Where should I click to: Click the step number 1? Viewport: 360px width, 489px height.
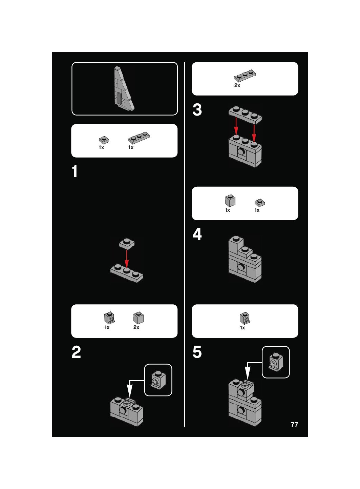point(75,171)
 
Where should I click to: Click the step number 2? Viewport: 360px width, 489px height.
point(76,352)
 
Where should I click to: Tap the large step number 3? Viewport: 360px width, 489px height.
point(197,110)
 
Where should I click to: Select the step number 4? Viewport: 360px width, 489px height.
point(197,234)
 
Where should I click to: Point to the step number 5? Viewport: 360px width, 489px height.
point(197,352)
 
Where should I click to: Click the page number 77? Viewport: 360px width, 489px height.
point(294,425)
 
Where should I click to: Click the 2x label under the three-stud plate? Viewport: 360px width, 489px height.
point(237,85)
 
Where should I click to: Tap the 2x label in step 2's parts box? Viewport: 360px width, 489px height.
point(136,327)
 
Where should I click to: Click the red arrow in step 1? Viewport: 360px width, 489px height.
point(127,259)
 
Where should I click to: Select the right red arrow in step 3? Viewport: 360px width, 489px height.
point(254,132)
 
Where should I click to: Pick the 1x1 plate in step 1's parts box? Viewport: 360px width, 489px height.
point(104,140)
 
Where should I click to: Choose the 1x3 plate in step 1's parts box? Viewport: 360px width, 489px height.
point(139,138)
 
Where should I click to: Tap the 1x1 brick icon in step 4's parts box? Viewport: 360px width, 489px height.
point(230,201)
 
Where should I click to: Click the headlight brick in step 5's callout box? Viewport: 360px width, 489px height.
point(275,362)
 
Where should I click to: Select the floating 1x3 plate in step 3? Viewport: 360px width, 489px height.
point(245,114)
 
